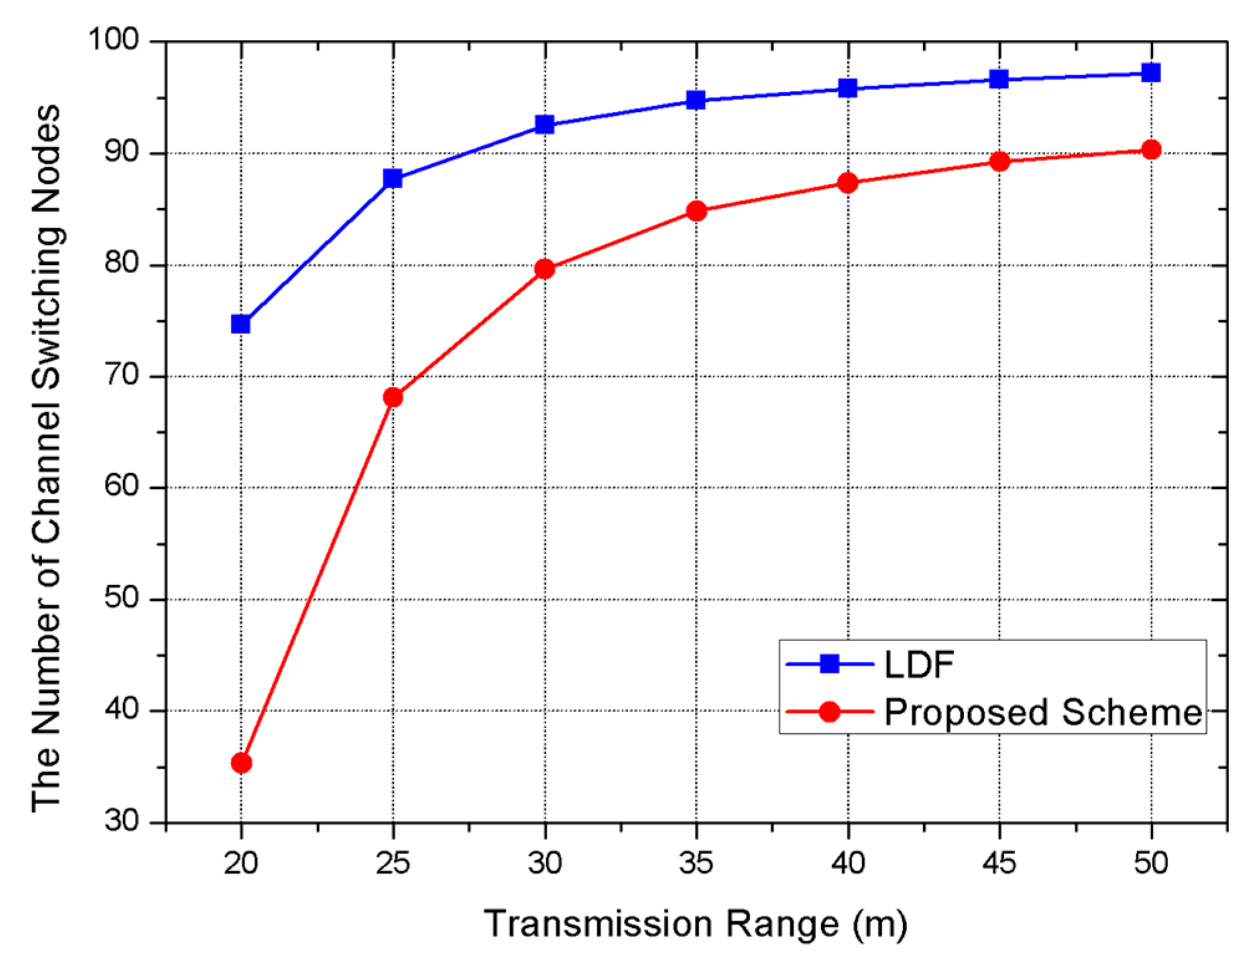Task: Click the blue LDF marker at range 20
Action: tap(241, 324)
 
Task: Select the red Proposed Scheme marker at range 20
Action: tap(241, 762)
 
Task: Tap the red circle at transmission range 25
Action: tap(393, 397)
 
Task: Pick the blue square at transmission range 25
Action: tap(393, 178)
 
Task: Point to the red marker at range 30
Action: tap(544, 269)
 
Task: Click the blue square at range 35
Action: tap(695, 100)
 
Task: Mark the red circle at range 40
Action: tap(847, 183)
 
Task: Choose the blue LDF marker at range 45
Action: tap(998, 79)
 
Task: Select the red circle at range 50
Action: tap(1151, 149)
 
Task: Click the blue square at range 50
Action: tap(1151, 72)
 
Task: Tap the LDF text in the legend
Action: tap(919, 664)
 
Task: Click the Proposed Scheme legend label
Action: tap(1043, 712)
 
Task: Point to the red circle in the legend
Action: tap(829, 711)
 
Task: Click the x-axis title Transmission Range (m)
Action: tap(695, 924)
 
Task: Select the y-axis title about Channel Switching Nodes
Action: tap(46, 458)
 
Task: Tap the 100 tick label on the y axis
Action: tap(113, 39)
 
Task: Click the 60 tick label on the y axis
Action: tap(121, 486)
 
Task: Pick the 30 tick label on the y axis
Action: tap(121, 821)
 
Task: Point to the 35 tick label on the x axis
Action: tap(695, 863)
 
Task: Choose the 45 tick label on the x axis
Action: tap(998, 863)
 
